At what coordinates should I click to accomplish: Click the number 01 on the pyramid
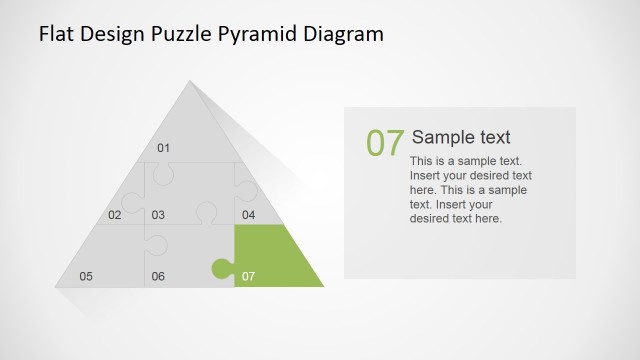[164, 149]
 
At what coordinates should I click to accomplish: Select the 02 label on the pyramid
[115, 215]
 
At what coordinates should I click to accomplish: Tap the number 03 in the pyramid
[158, 215]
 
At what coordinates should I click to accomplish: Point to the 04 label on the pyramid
[248, 215]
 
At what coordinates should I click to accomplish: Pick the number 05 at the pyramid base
[86, 276]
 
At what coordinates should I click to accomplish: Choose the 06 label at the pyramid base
[158, 276]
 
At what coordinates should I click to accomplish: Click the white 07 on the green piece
[249, 276]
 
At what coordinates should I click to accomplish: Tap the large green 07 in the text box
[384, 143]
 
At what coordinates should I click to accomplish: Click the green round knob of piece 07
[219, 268]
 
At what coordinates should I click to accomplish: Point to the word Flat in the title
[55, 35]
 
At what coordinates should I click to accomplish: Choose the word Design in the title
[115, 35]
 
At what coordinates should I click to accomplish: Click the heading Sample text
[461, 138]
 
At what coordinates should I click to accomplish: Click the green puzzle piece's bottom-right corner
[323, 287]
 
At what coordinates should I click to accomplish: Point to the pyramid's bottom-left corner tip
[54, 287]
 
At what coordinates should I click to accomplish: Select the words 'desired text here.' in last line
[456, 218]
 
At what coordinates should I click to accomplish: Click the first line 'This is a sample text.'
[466, 161]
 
